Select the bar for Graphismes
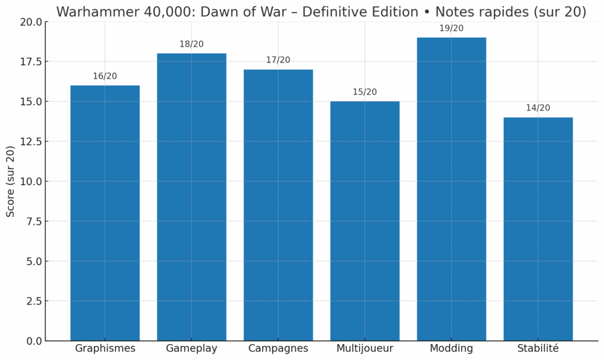pos(105,212)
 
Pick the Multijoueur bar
pos(365,221)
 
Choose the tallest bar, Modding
pos(451,189)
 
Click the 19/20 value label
pos(451,28)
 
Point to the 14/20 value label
pos(538,108)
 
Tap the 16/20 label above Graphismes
pos(105,76)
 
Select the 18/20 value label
pos(192,44)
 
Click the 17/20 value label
pos(278,60)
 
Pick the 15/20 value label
pos(365,92)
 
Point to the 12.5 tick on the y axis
pos(31,142)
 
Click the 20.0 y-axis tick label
pos(31,22)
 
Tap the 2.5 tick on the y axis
pos(33,301)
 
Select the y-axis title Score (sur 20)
pos(11,181)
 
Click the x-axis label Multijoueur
pos(365,348)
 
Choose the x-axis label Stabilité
pos(538,348)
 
